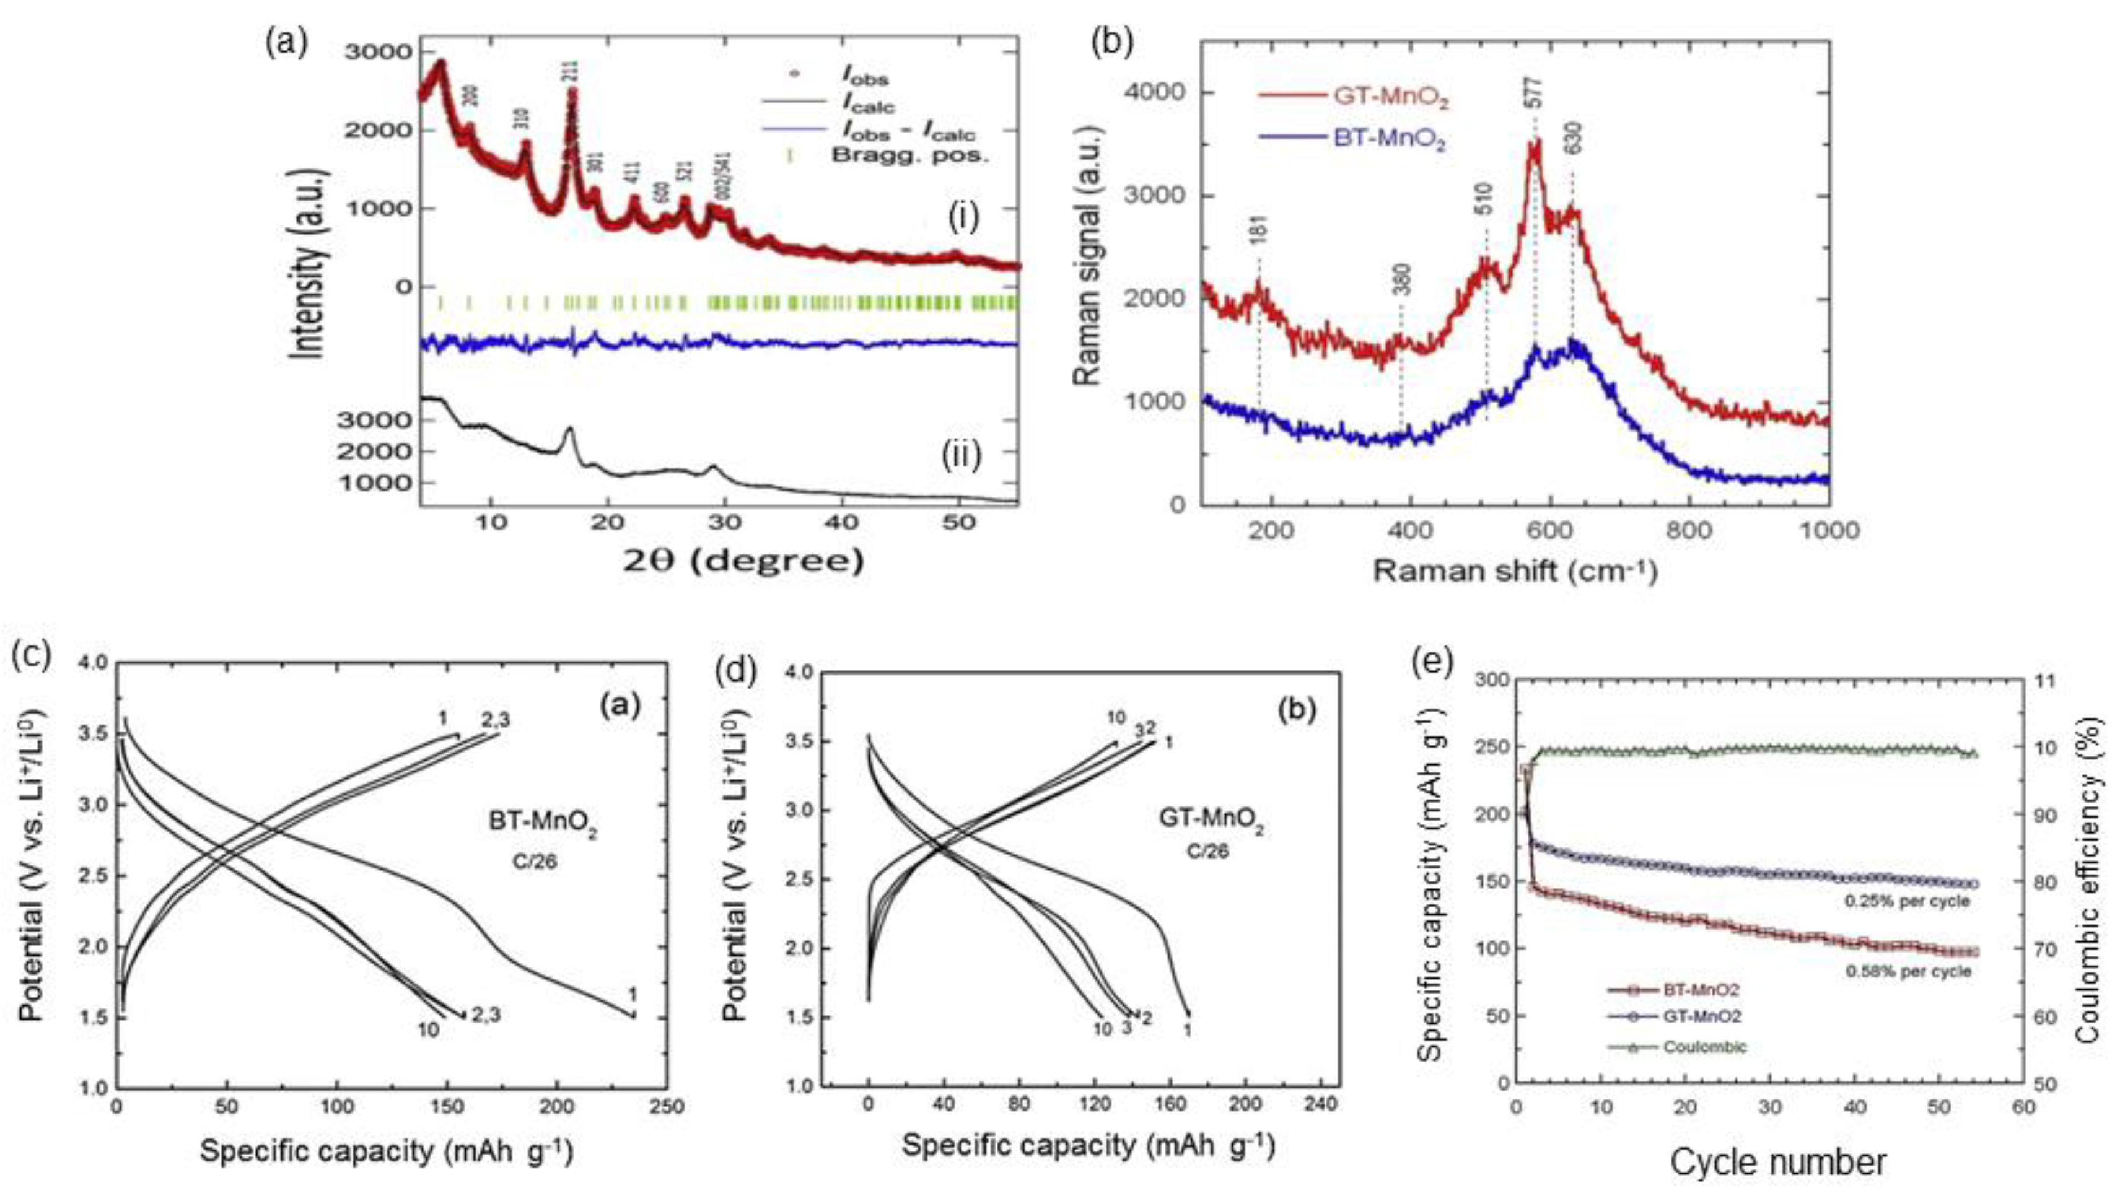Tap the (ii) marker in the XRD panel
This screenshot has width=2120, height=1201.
click(961, 455)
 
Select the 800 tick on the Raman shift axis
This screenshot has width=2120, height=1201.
click(1689, 530)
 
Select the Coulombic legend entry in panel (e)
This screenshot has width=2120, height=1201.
click(1704, 1047)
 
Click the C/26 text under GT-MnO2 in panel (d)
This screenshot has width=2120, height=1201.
click(1207, 850)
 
